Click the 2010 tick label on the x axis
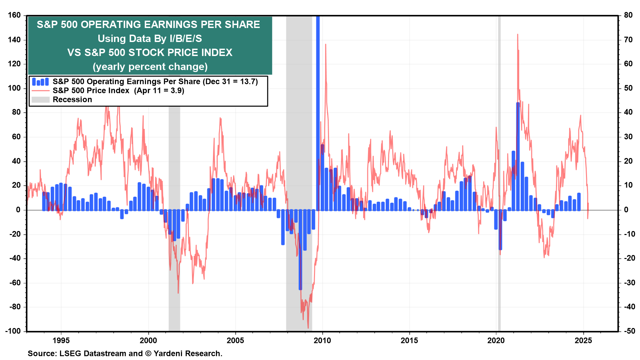[322, 340]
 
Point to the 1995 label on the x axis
[61, 340]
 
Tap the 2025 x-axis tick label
[583, 340]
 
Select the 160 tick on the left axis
[14, 15]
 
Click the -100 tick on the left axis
[13, 331]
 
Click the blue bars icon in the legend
[40, 82]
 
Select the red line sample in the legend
[40, 91]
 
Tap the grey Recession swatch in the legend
[40, 100]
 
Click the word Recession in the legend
[72, 100]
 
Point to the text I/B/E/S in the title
[186, 39]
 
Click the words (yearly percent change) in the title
[150, 67]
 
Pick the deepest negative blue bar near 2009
[300, 250]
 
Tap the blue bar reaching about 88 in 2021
[518, 157]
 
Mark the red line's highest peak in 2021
[518, 34]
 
